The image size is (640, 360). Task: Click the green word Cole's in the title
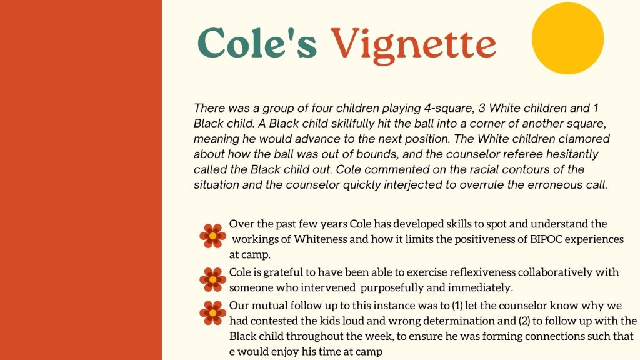coord(257,42)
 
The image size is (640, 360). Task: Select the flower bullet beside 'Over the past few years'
coord(212,236)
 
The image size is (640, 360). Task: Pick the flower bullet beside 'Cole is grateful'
coord(212,279)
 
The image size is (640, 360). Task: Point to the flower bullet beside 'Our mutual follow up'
coord(212,312)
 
